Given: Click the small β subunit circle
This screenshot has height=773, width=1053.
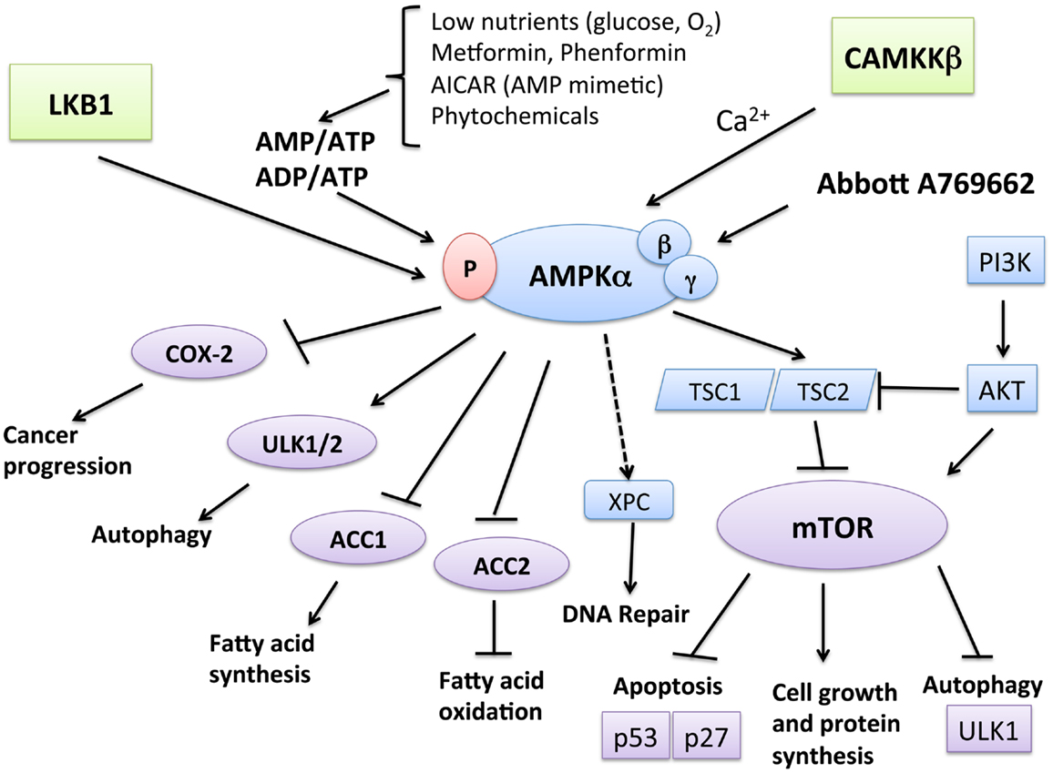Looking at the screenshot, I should (663, 244).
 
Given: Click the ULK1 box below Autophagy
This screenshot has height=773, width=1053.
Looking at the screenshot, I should (980, 731).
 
